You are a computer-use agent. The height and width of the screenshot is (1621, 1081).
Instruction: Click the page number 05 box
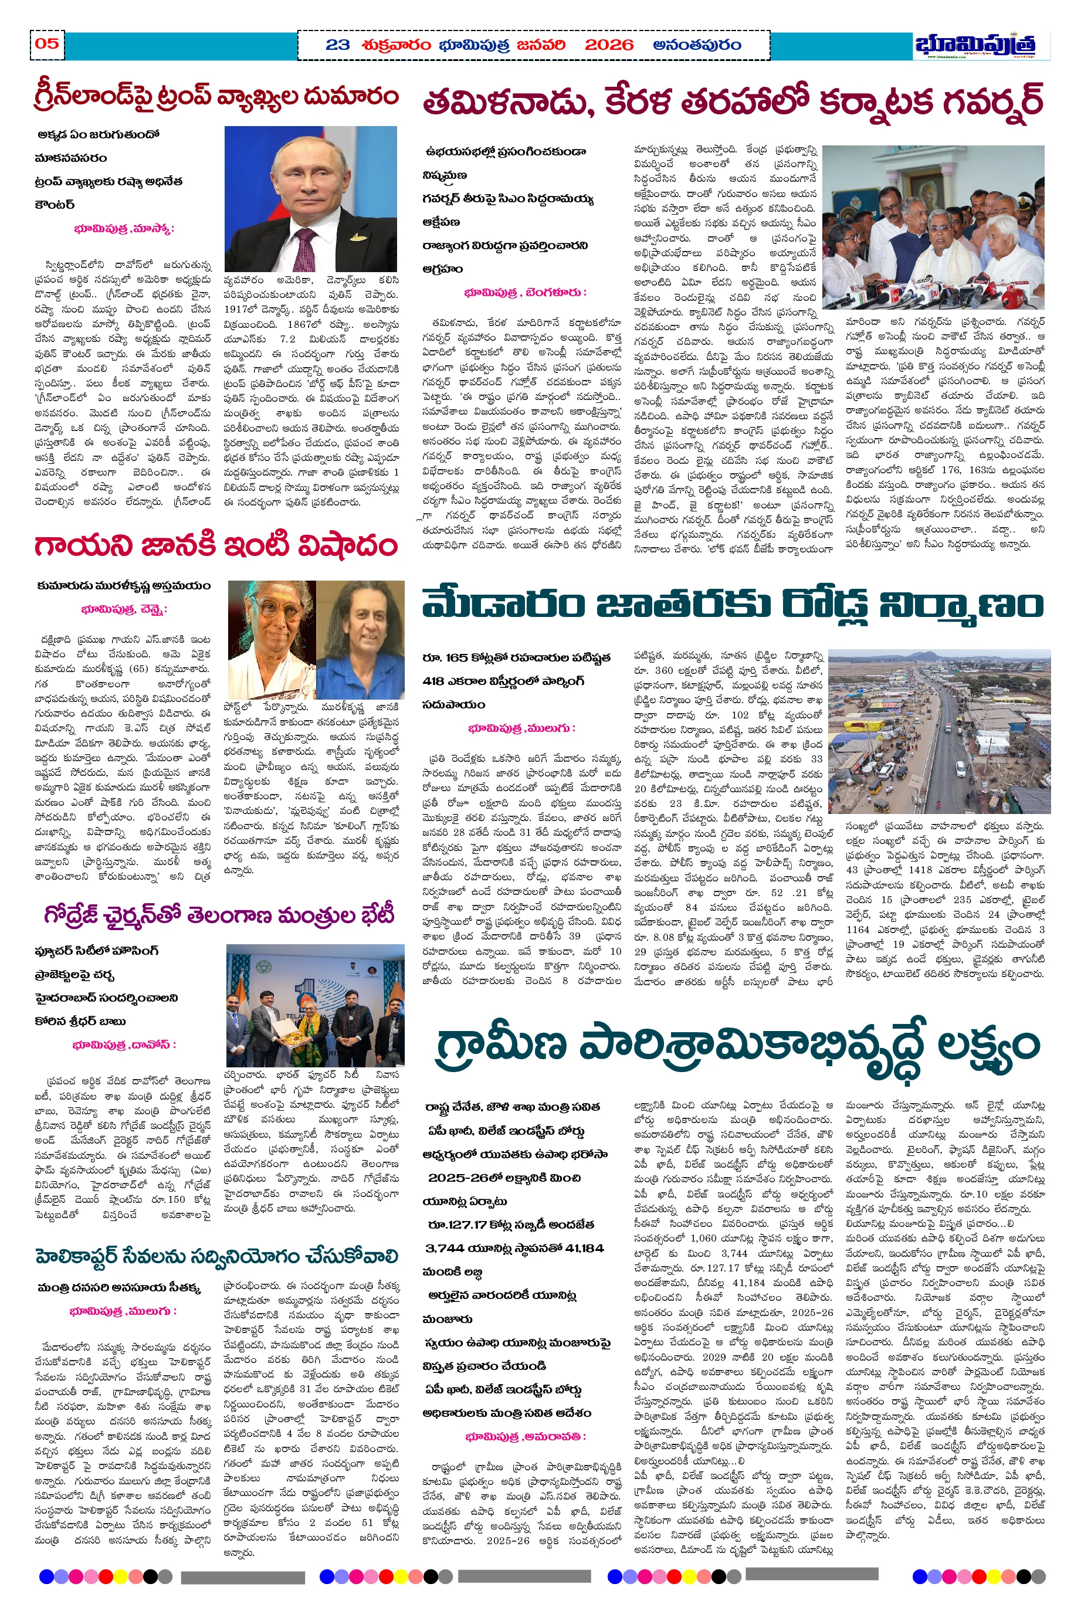coord(47,44)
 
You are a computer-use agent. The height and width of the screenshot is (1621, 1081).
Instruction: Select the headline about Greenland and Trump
coord(216,97)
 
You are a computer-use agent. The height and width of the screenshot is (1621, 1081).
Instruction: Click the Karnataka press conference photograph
coord(933,227)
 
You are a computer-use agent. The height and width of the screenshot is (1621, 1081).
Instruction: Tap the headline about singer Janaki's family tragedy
coord(216,546)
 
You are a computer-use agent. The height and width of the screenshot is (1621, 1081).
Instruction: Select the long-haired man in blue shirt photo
coord(361,640)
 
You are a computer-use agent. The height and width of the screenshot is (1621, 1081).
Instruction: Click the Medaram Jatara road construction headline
coord(732,606)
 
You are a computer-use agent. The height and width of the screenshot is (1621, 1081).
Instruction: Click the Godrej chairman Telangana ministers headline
coord(219,915)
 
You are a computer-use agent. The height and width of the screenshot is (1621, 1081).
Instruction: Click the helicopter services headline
coord(216,1256)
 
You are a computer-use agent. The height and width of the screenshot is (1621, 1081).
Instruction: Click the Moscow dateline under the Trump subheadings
coord(124,229)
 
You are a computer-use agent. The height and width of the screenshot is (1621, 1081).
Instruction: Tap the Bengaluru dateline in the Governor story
coord(526,292)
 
